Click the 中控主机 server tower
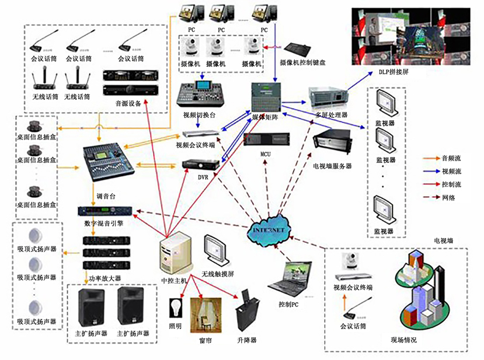coord(175,253)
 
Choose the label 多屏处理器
coord(331,116)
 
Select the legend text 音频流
coord(452,158)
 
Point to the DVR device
coord(201,166)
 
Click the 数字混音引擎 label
coord(103,223)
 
